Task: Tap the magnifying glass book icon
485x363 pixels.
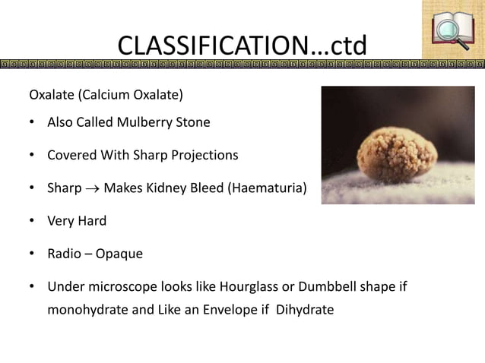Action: pos(452,30)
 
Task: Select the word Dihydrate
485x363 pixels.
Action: pos(305,310)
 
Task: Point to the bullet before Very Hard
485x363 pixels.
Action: pos(32,221)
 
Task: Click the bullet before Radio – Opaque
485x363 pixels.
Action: pos(32,254)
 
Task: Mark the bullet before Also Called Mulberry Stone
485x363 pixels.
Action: pos(32,122)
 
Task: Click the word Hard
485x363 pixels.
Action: pos(92,221)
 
